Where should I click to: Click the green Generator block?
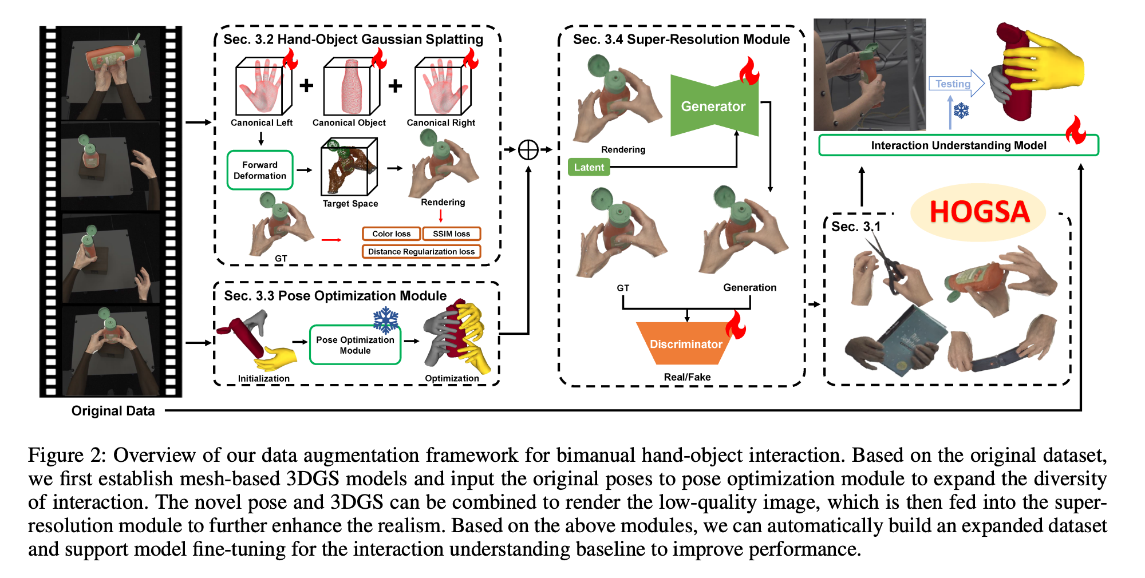[713, 106]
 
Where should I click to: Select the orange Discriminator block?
[685, 343]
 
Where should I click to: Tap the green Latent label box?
[589, 167]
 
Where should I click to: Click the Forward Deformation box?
[260, 171]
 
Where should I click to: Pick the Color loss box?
[391, 233]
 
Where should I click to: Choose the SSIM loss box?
[451, 233]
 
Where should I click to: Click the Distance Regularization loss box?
[421, 251]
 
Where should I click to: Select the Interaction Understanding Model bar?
[958, 145]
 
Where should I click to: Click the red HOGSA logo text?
[979, 212]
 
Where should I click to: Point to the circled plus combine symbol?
[528, 150]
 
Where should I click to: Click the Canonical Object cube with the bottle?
[351, 87]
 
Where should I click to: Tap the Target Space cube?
[349, 167]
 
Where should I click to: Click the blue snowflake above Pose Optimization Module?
[386, 320]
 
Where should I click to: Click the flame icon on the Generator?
[748, 72]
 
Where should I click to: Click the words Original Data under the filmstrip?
[113, 411]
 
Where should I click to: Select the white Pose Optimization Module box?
[355, 345]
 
